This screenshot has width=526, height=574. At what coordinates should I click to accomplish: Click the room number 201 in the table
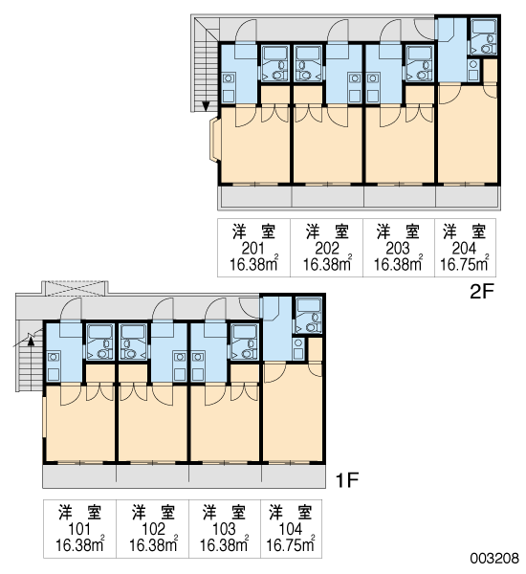click(x=252, y=249)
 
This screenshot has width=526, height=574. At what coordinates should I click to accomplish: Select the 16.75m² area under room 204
click(x=465, y=263)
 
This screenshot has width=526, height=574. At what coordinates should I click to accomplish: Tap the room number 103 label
click(x=224, y=529)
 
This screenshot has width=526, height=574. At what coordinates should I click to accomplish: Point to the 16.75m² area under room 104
click(x=291, y=544)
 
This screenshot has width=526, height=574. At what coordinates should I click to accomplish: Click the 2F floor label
click(x=482, y=292)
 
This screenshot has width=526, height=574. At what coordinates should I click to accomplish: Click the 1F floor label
click(x=346, y=480)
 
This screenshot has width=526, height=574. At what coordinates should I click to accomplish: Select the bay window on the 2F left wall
click(x=214, y=139)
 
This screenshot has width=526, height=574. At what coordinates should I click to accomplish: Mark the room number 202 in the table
click(x=327, y=249)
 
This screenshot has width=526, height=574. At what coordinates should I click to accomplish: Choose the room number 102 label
click(x=153, y=529)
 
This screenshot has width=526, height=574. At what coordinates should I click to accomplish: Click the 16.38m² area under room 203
click(x=398, y=263)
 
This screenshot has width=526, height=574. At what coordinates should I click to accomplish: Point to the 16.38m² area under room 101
click(x=79, y=544)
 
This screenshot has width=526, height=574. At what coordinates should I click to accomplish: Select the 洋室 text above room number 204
click(x=464, y=232)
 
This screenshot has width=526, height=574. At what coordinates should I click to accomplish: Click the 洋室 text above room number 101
click(x=79, y=512)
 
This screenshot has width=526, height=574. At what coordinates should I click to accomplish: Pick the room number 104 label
click(x=291, y=529)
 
